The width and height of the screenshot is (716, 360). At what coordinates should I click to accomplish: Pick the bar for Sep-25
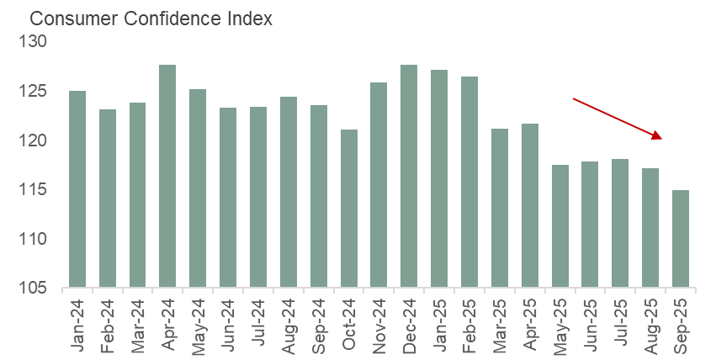click(681, 239)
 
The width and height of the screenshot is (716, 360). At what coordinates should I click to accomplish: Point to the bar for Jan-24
click(77, 189)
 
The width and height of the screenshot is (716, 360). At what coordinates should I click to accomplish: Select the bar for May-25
click(560, 226)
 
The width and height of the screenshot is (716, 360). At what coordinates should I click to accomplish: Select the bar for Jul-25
click(620, 224)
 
